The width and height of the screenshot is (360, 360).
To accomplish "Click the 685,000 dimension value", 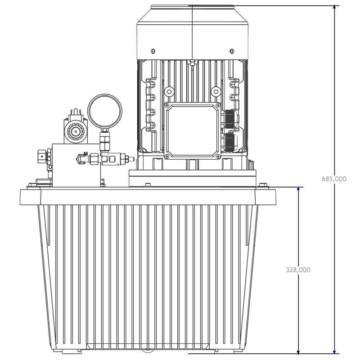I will point(334,179).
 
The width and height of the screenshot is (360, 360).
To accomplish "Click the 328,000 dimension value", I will point(298,270).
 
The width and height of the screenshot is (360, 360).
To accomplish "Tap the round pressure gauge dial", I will point(105,111).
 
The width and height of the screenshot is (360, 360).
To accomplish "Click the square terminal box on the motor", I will point(193,131).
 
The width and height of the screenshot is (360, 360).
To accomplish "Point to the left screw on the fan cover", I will point(153,51).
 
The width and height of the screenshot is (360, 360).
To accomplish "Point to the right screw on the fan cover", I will point(232,51).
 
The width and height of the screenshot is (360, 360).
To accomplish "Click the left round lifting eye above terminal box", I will point(169,92).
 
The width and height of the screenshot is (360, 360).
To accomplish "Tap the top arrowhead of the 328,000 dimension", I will point(298,189).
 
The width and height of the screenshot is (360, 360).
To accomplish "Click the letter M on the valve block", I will point(85,154).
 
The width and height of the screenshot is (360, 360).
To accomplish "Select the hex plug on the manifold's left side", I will point(41,157).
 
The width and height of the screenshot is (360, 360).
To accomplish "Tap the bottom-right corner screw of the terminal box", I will point(218,156).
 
